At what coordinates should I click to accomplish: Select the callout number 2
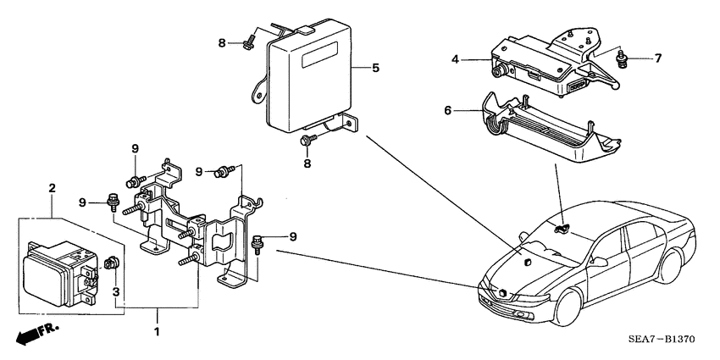coord(52,187)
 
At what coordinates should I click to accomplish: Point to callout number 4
coord(455,59)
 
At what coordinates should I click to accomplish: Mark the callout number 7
coord(656,58)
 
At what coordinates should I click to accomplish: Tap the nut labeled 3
coord(110,266)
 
